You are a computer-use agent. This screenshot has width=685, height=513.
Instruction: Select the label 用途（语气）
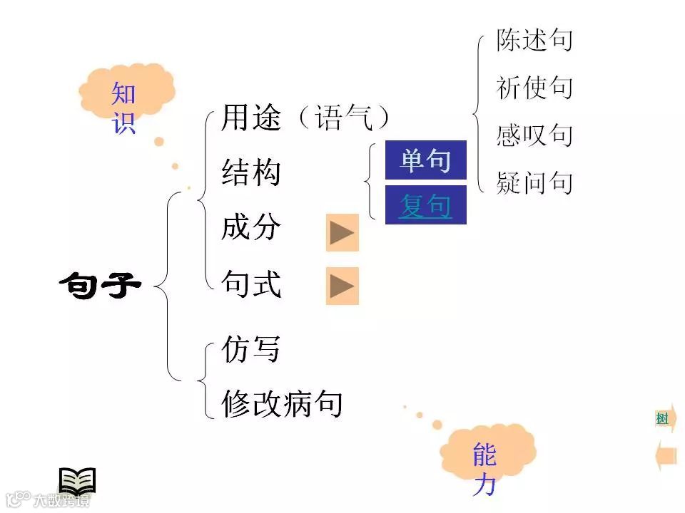click(x=305, y=118)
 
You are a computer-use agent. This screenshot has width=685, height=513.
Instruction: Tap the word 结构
click(x=251, y=173)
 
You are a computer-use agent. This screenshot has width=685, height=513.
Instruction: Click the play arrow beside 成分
click(x=342, y=232)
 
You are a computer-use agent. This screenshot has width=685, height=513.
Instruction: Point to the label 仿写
click(x=250, y=349)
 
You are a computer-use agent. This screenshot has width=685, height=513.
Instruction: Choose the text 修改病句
click(x=282, y=404)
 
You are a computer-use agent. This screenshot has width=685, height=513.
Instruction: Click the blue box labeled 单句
click(x=425, y=160)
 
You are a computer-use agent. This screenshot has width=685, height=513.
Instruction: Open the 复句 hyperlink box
click(x=425, y=206)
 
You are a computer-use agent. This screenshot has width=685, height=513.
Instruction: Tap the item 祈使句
click(x=534, y=88)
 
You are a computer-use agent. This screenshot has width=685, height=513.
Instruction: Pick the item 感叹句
click(x=534, y=135)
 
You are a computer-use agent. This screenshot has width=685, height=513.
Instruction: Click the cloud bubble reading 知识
click(x=124, y=100)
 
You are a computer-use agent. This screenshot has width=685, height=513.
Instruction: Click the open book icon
click(x=77, y=482)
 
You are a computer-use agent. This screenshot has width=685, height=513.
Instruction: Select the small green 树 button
click(x=662, y=419)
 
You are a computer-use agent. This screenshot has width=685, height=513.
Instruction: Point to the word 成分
click(x=251, y=229)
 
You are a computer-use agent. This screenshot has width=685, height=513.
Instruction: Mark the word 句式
click(x=251, y=285)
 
